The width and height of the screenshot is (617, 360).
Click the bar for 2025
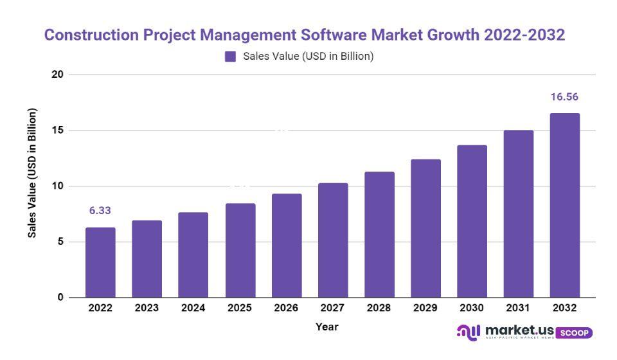240,251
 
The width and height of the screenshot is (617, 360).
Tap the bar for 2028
379,235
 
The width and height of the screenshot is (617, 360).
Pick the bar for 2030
472,221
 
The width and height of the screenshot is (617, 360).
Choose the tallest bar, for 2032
565,206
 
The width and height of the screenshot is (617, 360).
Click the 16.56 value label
564,97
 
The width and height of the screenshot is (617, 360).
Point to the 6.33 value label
100,211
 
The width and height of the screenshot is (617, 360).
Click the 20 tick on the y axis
57,75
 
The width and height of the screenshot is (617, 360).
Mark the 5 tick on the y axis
60,242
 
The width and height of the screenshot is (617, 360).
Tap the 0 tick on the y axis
60,298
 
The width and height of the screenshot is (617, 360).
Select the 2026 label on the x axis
286,308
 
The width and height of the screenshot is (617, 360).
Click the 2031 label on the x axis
518,308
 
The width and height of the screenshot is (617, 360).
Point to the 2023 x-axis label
147,308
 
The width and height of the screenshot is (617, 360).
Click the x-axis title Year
326,327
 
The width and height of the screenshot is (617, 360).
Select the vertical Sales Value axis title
32,173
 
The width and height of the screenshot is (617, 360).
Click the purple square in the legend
230,57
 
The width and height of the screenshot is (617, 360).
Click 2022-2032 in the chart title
523,35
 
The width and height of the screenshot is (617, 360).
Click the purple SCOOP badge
573,333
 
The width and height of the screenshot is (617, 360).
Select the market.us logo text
520,330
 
